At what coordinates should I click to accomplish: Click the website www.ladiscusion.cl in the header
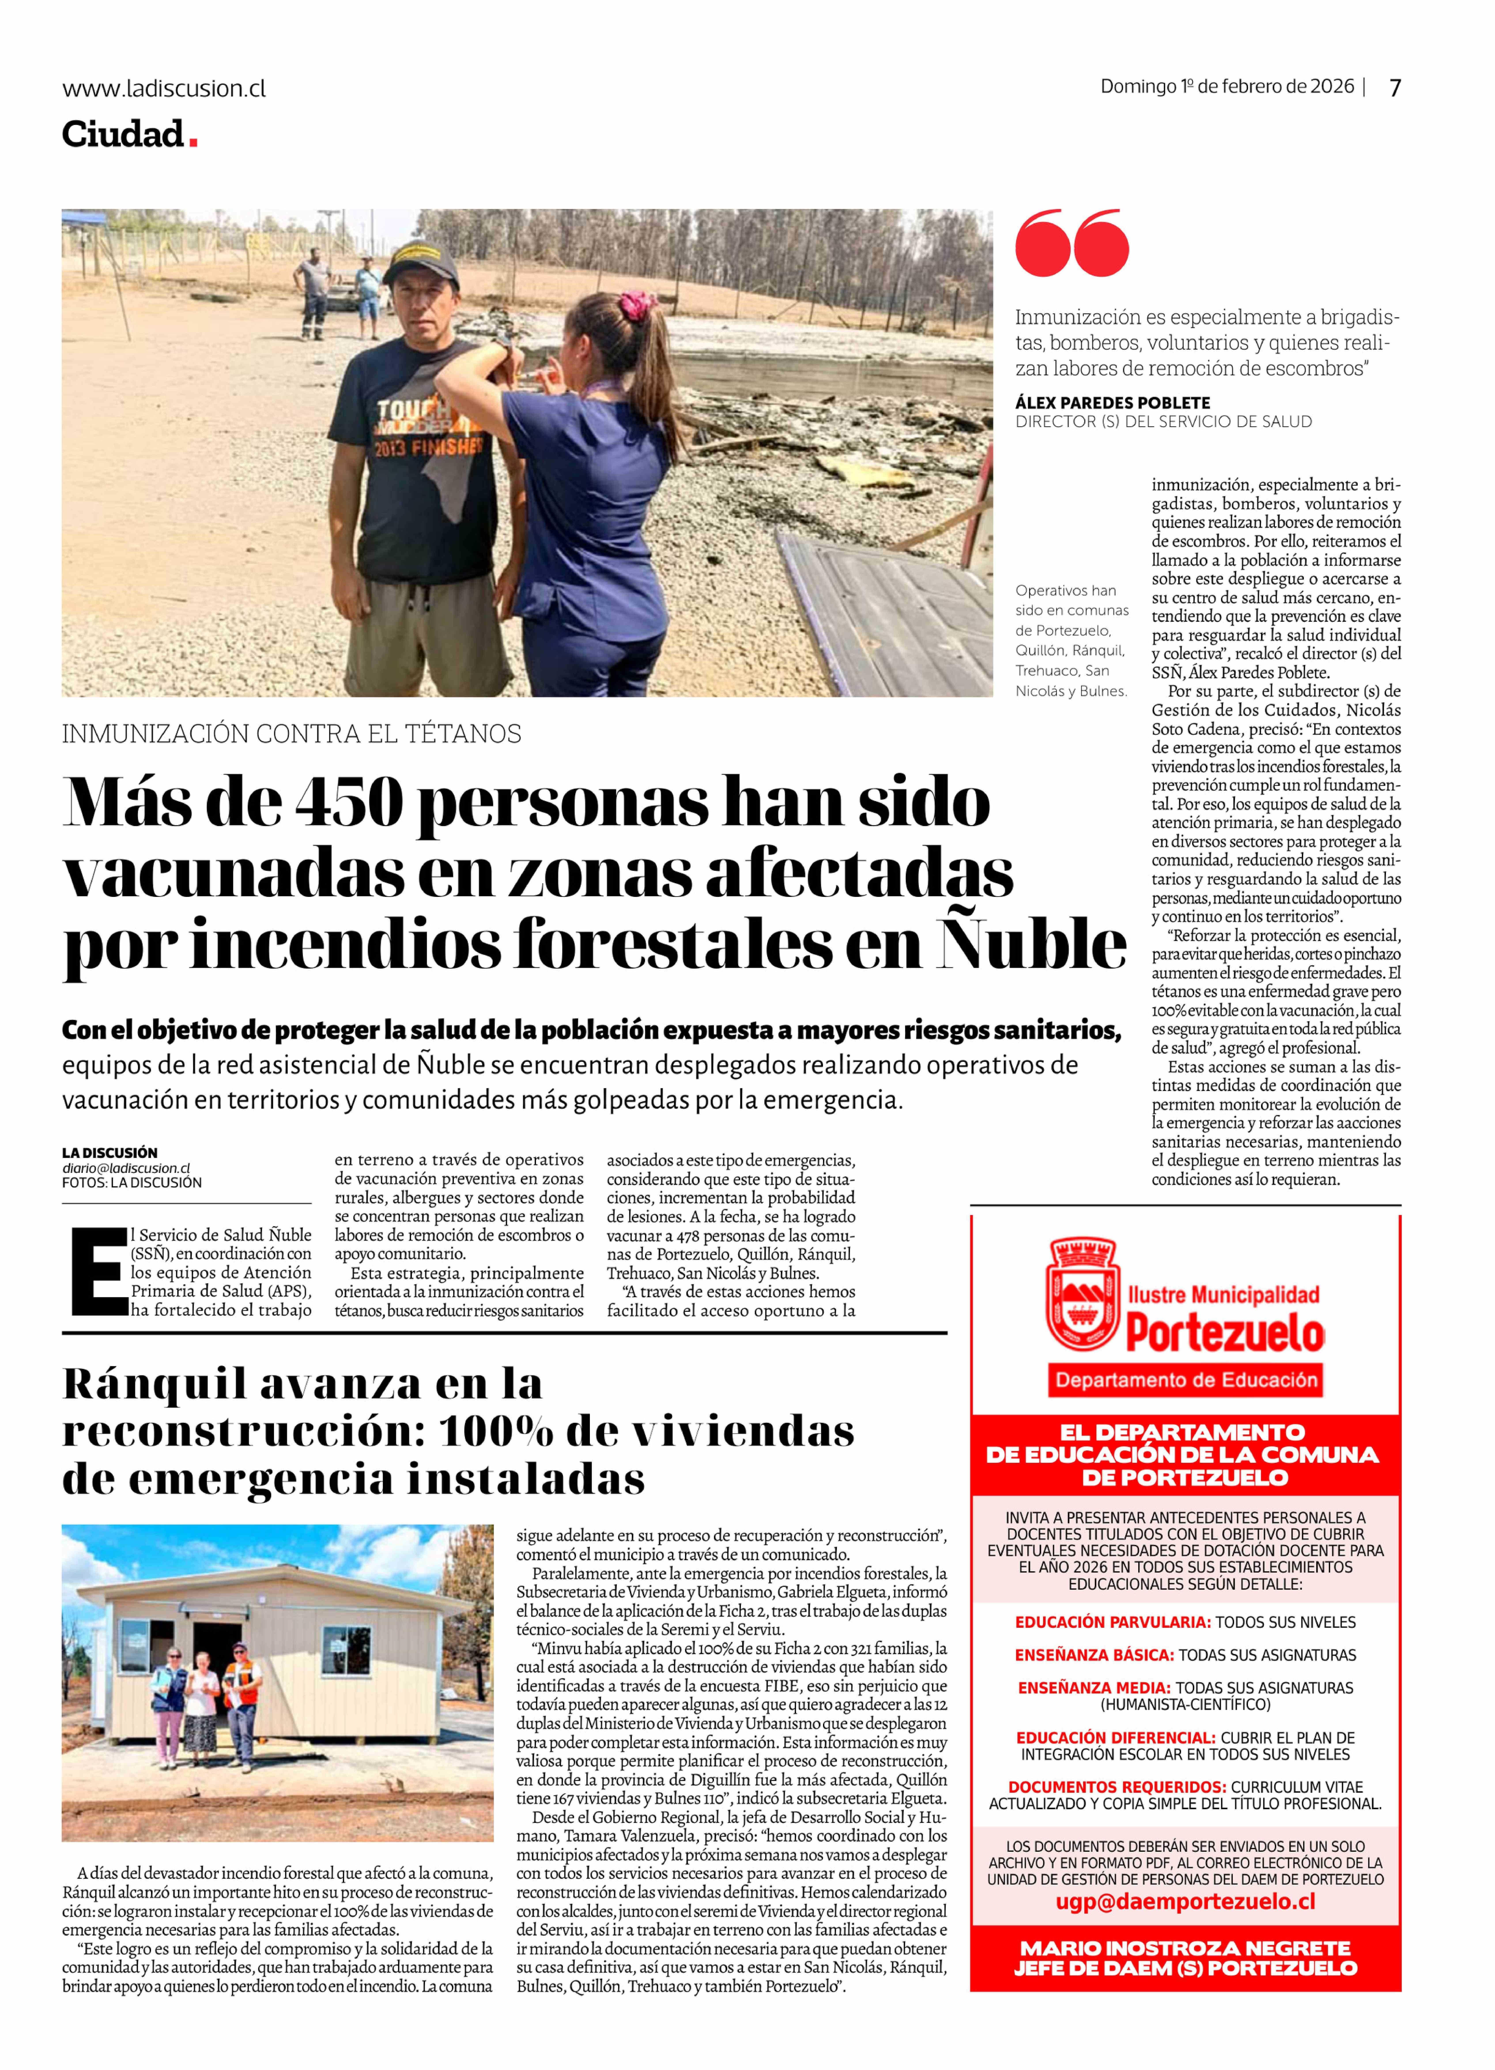[164, 89]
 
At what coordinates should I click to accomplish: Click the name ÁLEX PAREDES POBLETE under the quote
[1113, 403]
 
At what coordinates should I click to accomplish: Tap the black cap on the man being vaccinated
[421, 262]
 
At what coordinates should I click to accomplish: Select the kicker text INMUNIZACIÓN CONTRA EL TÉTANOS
[291, 734]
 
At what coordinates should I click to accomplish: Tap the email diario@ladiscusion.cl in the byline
[126, 1168]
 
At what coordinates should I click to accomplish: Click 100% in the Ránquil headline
[496, 1432]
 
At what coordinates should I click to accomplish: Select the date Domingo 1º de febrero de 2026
[1227, 87]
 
